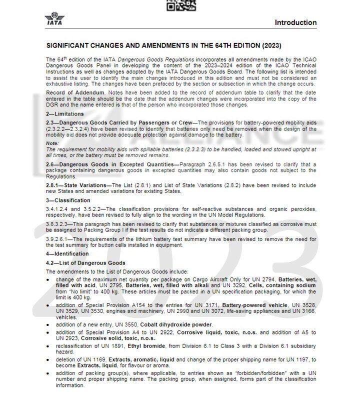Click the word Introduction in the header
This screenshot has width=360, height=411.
tap(295, 22)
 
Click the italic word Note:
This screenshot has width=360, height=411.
tap(52, 143)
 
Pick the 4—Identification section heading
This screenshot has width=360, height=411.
tap(67, 254)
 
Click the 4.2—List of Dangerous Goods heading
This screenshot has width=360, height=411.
tap(85, 262)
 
